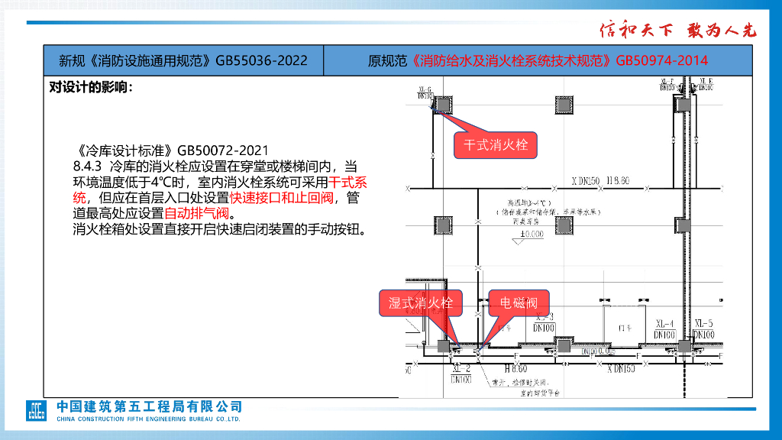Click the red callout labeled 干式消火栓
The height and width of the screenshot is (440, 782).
[496, 144]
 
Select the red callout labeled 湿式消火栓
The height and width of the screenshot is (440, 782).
[421, 303]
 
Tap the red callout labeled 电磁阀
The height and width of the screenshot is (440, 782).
[519, 303]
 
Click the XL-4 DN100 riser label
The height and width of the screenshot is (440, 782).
[664, 328]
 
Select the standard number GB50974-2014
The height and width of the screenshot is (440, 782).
[661, 60]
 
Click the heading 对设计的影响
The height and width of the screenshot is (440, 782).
[91, 86]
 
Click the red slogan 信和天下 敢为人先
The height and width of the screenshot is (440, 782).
[677, 31]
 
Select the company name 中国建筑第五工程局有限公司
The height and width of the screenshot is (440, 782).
[149, 406]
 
